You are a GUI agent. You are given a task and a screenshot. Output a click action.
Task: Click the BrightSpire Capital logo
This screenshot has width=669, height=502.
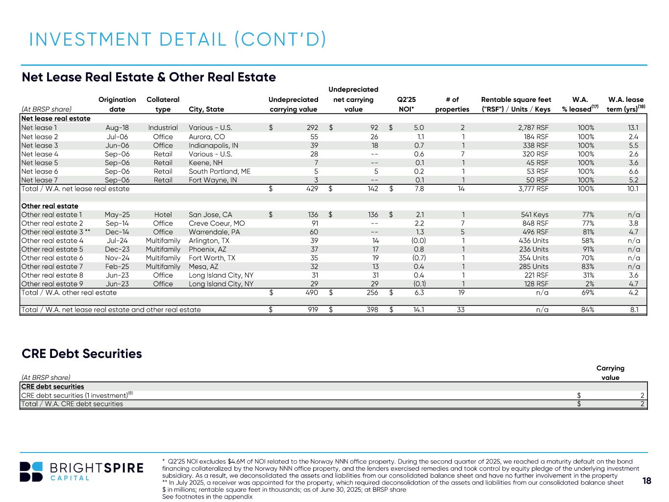(82, 472)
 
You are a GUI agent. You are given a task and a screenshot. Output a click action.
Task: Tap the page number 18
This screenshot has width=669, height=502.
(647, 481)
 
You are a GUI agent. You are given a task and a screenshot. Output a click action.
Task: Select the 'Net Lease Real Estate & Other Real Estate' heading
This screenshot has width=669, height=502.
(149, 77)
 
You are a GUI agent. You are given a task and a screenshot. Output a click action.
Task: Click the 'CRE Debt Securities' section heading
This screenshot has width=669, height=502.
(82, 353)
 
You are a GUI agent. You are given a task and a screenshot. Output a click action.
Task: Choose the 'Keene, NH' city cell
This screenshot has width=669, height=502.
(205, 163)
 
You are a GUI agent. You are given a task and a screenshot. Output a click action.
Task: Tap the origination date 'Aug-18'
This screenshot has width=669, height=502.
(117, 128)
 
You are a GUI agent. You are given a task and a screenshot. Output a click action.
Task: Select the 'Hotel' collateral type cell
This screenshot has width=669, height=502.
(163, 215)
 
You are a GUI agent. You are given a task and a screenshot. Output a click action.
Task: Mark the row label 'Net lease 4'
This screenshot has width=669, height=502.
(40, 154)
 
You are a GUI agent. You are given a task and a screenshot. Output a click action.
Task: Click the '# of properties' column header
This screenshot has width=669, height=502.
(452, 104)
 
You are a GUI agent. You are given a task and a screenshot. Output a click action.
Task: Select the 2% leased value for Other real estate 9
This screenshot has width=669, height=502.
(589, 284)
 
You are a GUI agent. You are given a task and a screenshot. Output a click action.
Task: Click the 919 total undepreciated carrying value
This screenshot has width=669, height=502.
(312, 310)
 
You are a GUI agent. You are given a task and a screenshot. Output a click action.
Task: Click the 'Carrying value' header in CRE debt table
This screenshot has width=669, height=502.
(610, 373)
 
